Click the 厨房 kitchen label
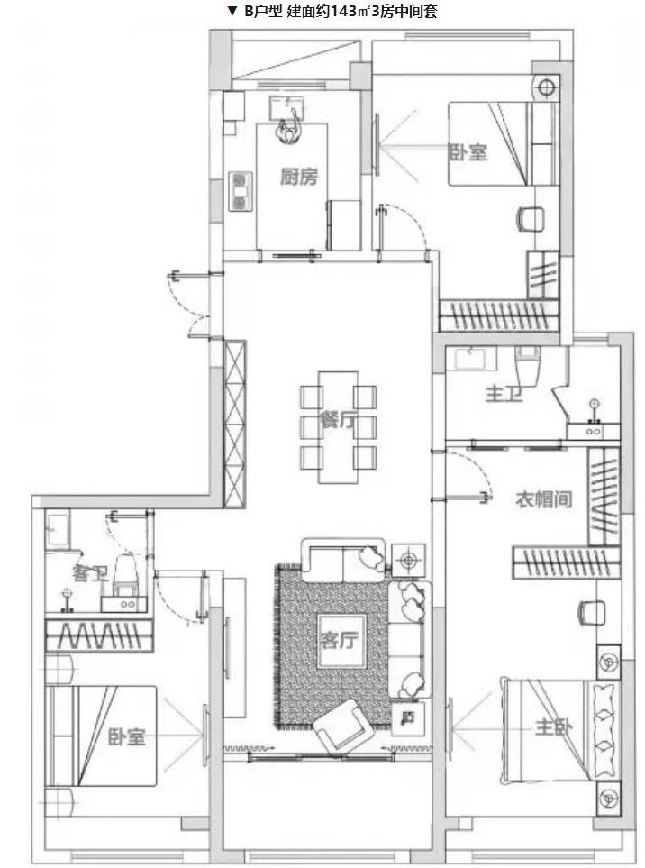(299, 178)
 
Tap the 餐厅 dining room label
(338, 420)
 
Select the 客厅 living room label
(339, 640)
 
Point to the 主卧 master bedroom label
(554, 726)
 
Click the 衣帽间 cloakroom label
(543, 499)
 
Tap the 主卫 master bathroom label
(504, 394)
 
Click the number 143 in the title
(343, 11)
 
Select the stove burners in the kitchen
(241, 191)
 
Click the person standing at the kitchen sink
(289, 129)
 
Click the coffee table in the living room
(341, 641)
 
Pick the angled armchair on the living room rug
(339, 726)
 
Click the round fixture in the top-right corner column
(546, 87)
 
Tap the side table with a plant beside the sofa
(409, 561)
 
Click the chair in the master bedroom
(592, 613)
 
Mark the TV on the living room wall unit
(226, 647)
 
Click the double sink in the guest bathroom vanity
(124, 604)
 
